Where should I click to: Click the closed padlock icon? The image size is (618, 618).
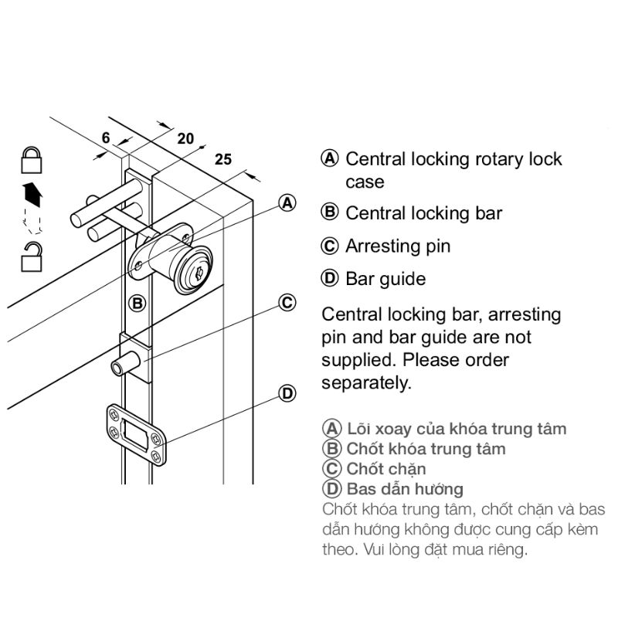[31, 160]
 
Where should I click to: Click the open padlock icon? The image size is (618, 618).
[31, 256]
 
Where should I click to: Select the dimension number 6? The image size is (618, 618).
[106, 138]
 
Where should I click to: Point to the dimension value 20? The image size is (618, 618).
[185, 139]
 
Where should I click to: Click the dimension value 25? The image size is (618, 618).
[222, 160]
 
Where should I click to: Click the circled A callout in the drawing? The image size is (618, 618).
[287, 202]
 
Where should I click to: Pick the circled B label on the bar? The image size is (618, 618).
[138, 303]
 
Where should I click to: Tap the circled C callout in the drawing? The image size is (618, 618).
[287, 302]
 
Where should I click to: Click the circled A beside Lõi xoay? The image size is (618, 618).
[331, 429]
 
